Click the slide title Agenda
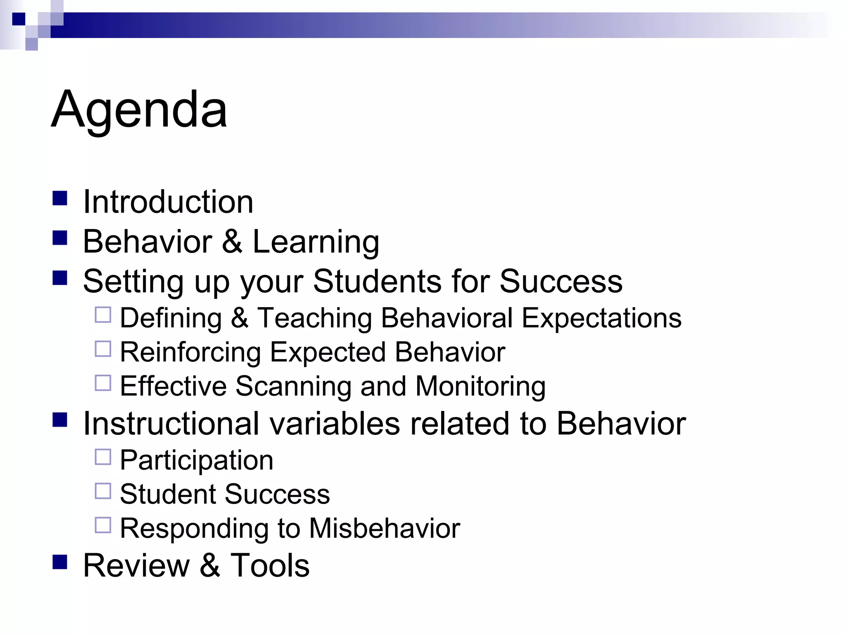[139, 110]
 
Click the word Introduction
[168, 202]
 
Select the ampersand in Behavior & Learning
[232, 241]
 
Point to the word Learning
[316, 242]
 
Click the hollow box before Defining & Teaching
[103, 315]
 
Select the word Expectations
[601, 318]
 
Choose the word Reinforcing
[190, 353]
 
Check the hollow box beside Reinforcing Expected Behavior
[103, 349]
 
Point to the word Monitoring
[480, 387]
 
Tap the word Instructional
[171, 424]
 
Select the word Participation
[197, 461]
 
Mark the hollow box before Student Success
[103, 491]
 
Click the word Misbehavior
[385, 528]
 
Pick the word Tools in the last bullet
[270, 565]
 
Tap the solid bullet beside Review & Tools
[60, 562]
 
